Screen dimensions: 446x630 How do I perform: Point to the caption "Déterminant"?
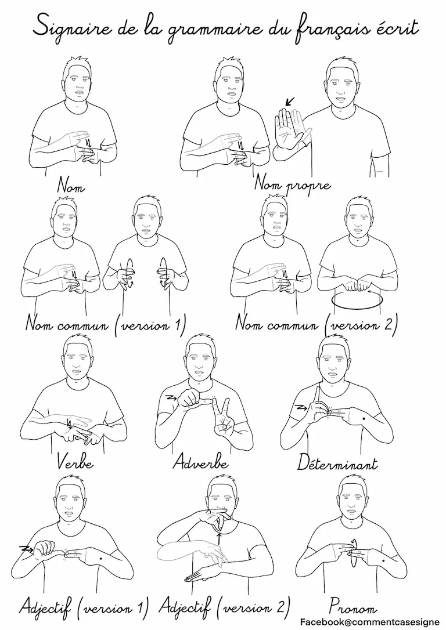[x=337, y=464]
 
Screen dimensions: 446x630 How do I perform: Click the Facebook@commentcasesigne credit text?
[x=369, y=622]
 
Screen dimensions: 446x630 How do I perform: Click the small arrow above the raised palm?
[x=289, y=102]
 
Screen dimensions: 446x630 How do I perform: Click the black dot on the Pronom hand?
[x=382, y=560]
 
